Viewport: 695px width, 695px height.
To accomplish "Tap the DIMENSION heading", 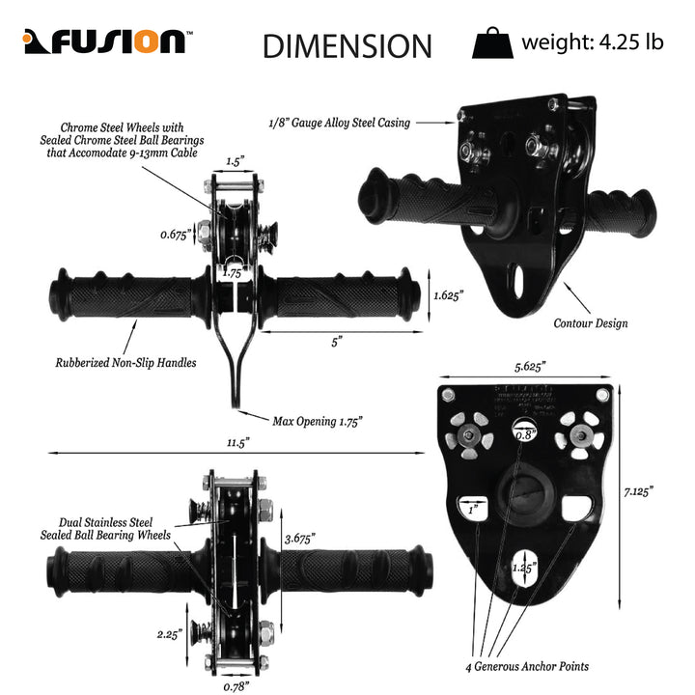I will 347,45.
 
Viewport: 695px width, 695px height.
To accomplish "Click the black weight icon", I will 491,43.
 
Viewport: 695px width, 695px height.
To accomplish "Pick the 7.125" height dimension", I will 638,491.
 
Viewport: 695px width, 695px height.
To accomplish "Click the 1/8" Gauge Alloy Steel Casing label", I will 339,123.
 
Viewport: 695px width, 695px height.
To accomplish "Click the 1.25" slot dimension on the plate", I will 524,568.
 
